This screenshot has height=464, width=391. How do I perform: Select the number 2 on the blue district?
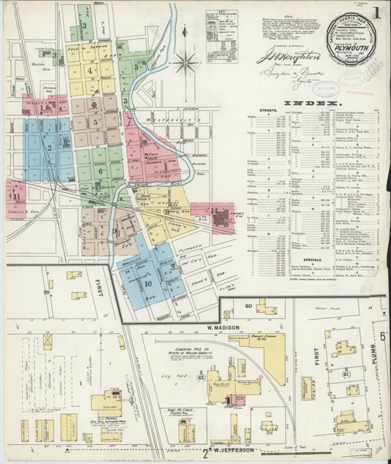tap(49, 147)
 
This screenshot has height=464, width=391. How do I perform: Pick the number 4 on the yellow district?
tap(90, 70)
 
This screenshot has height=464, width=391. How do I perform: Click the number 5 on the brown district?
tap(95, 121)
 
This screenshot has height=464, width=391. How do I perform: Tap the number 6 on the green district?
tap(100, 171)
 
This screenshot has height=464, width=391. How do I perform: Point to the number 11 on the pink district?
tap(15, 196)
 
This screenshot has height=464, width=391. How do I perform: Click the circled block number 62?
tap(200, 375)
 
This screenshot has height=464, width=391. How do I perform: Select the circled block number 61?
tap(346, 372)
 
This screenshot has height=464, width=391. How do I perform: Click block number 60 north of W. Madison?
tap(248, 305)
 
